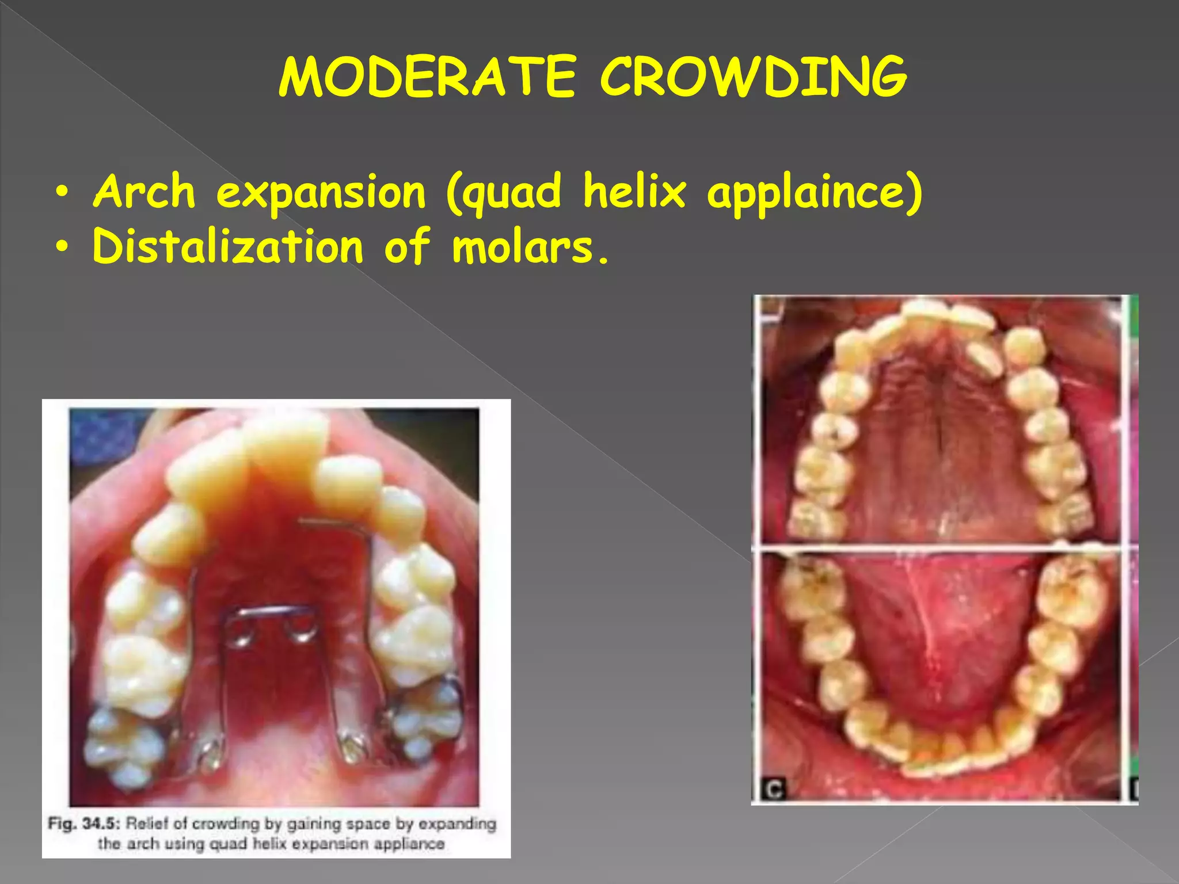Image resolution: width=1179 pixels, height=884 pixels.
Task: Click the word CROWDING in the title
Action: [753, 77]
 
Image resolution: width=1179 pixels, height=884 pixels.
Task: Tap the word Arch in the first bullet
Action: [144, 191]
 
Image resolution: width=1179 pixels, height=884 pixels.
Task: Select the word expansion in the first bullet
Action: [321, 192]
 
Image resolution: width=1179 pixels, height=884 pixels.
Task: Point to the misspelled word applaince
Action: [814, 192]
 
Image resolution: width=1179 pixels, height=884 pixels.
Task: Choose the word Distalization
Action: [228, 246]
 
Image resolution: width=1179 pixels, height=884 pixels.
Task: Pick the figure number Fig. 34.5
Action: [83, 824]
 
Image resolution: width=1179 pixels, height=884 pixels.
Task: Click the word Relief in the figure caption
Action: [147, 824]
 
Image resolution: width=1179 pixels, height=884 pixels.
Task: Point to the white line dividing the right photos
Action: [944, 548]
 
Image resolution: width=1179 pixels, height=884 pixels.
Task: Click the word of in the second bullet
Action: [407, 246]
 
